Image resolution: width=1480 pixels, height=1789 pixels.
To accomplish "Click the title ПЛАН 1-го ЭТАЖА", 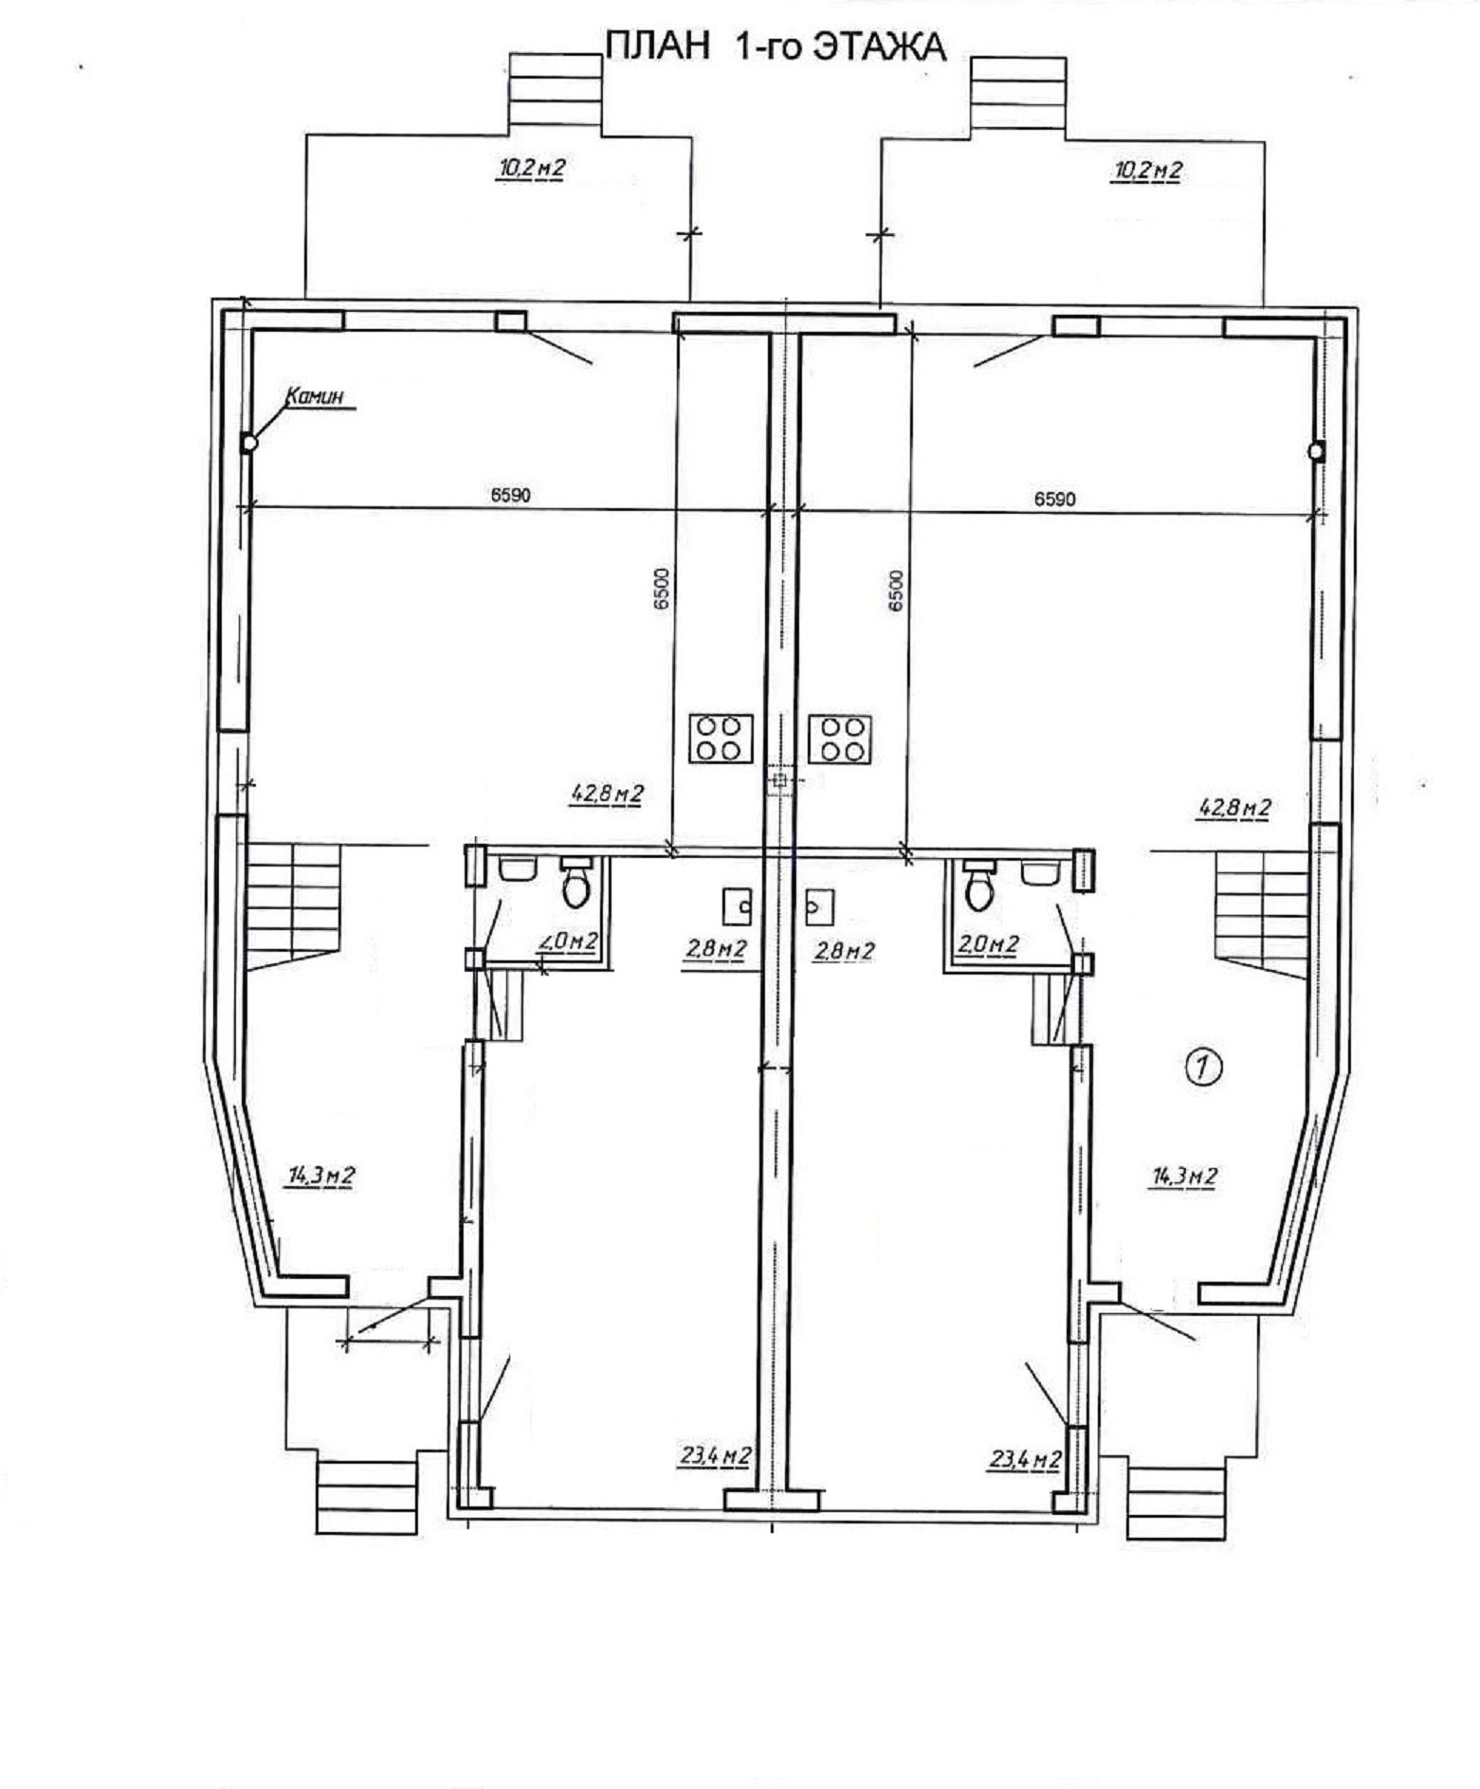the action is click(x=776, y=46).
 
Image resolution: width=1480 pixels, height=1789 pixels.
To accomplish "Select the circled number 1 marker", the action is click(x=1203, y=1068).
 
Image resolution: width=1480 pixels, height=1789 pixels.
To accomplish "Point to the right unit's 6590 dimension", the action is click(x=1054, y=499).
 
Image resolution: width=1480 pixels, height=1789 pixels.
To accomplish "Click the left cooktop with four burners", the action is click(x=721, y=739).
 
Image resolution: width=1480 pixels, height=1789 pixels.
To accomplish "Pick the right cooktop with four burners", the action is click(x=839, y=739).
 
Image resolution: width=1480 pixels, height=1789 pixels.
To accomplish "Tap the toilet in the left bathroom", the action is click(x=576, y=882).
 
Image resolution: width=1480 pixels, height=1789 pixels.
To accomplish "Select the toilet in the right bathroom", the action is click(x=978, y=884).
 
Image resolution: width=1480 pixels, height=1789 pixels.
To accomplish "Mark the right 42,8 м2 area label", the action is click(x=1234, y=808).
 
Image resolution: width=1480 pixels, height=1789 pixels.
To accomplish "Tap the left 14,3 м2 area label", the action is click(x=320, y=1176).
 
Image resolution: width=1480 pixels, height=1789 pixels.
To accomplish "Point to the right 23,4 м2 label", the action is click(x=1025, y=1460).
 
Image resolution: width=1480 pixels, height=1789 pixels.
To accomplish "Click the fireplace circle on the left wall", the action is click(x=249, y=443).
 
